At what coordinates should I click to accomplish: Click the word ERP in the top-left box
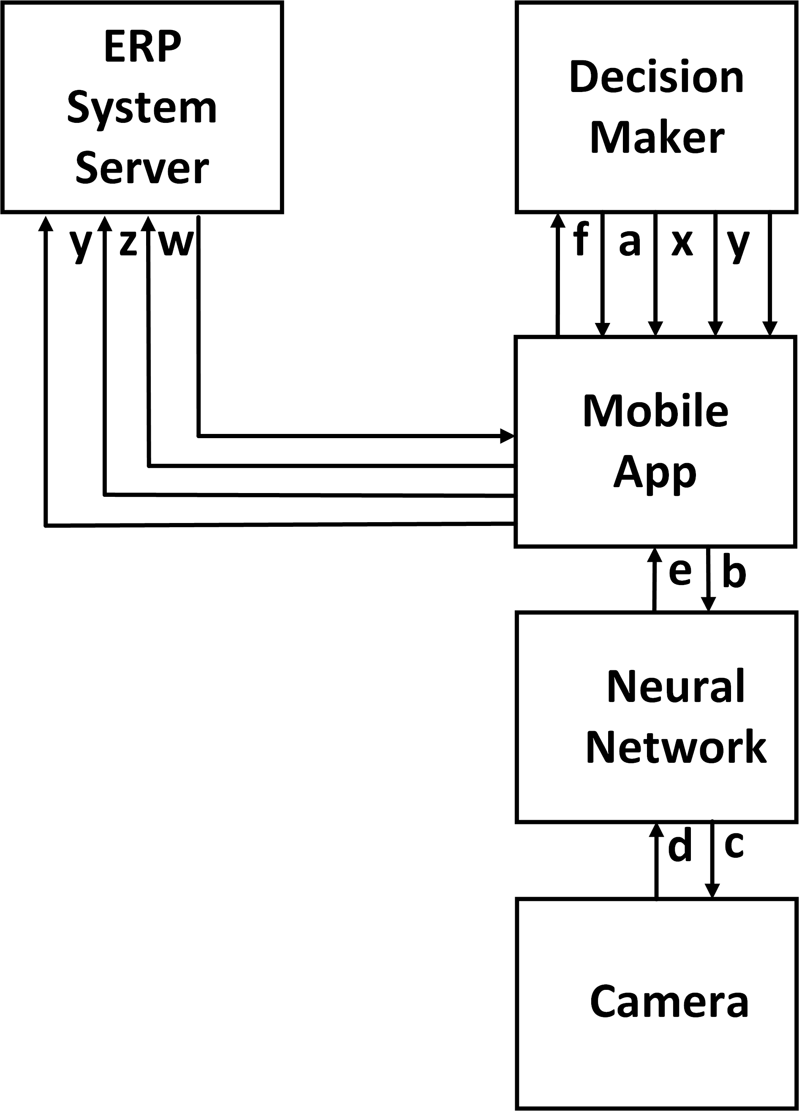pos(143,46)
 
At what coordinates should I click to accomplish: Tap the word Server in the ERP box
pos(142,168)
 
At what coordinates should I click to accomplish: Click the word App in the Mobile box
pos(655,473)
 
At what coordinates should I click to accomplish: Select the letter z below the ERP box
pos(128,244)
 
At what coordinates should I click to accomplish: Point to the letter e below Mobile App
pos(680,572)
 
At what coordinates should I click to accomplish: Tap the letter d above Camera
pos(680,845)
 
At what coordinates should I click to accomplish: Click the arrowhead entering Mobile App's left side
pos(507,436)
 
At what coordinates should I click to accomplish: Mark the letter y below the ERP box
pos(80,245)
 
